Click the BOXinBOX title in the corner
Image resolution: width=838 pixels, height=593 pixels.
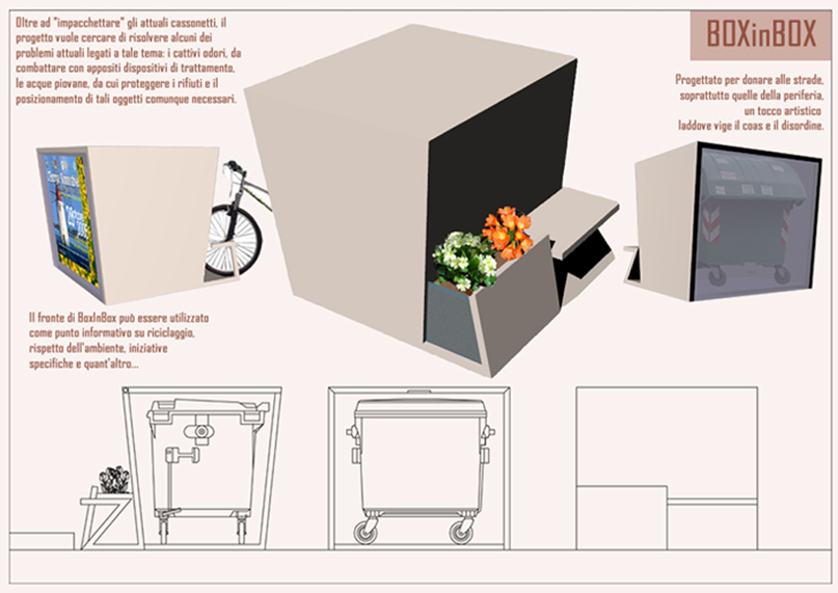(761, 35)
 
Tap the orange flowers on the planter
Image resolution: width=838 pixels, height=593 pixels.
(508, 232)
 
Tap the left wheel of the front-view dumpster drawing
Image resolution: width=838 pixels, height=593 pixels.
(366, 532)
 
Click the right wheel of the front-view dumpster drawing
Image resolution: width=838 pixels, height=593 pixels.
(460, 532)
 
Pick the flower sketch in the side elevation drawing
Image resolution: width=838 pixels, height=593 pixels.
(113, 480)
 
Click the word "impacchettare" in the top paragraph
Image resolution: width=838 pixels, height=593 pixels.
(87, 23)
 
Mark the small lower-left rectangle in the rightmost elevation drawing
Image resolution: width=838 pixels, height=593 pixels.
(621, 517)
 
